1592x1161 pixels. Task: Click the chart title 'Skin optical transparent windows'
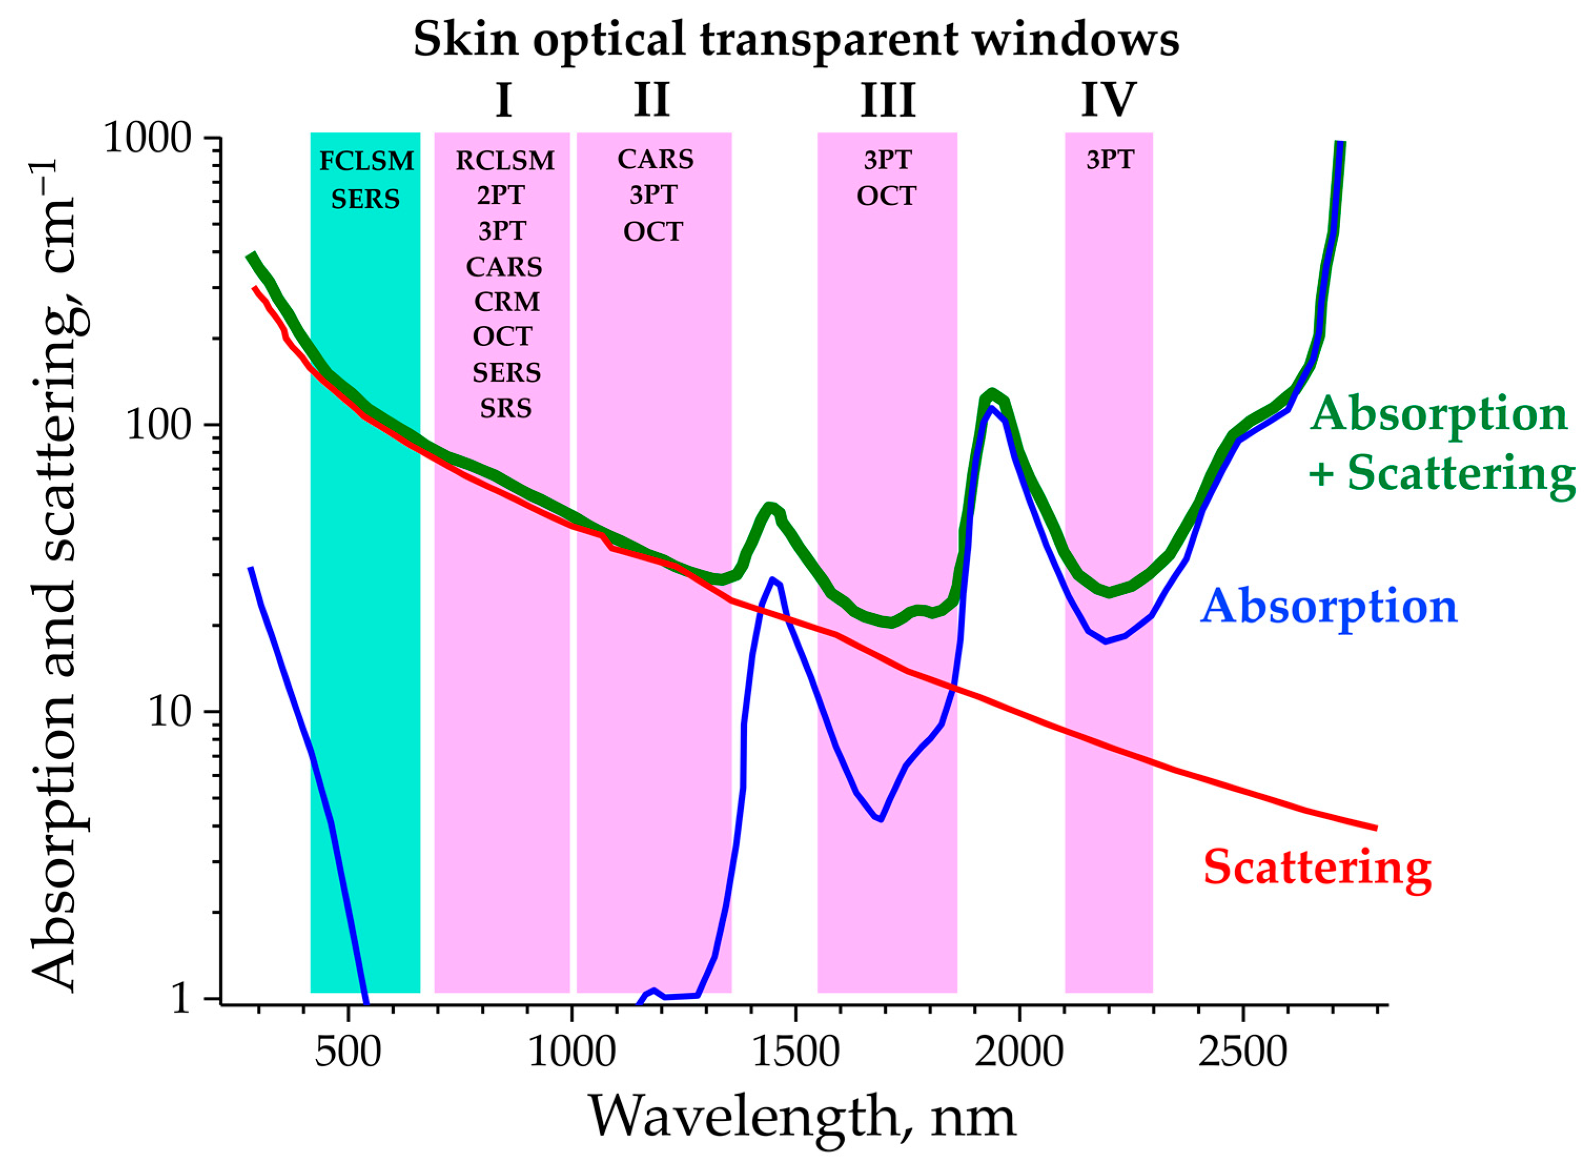coord(795,40)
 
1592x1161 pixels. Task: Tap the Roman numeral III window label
coord(888,100)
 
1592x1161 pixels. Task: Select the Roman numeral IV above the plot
coord(1108,100)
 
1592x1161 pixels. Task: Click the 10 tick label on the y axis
coord(170,712)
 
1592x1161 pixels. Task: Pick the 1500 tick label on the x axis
coord(795,1052)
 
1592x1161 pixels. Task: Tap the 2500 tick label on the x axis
coord(1243,1052)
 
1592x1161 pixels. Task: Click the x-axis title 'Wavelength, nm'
coord(801,1117)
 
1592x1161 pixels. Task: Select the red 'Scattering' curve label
coord(1317,867)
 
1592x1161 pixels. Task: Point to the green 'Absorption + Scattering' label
coord(1440,443)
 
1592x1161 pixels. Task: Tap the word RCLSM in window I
coord(505,161)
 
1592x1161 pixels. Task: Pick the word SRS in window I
coord(506,409)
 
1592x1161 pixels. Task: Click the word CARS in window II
coord(655,159)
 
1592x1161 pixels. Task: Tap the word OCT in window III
coord(886,196)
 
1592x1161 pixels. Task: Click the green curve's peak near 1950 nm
coord(991,393)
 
